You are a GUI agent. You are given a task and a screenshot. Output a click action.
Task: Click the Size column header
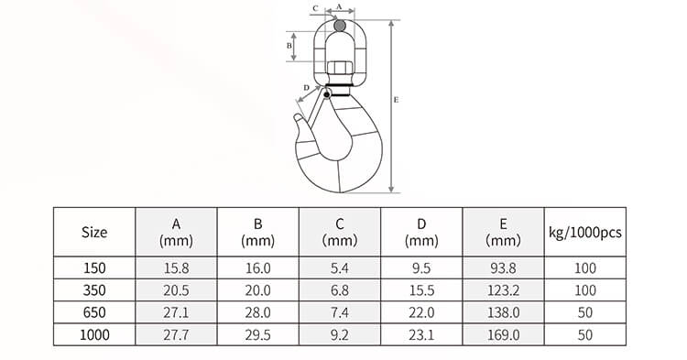[x=94, y=233]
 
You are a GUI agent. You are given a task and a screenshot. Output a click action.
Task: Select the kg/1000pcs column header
[x=583, y=233]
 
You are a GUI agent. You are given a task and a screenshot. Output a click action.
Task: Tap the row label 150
[x=94, y=268]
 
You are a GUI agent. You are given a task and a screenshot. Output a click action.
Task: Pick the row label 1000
[x=94, y=335]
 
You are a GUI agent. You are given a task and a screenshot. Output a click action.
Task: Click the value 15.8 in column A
[x=176, y=268]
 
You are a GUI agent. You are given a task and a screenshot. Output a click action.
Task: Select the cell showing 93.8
[x=503, y=268]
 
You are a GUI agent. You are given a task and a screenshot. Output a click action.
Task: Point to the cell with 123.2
[x=503, y=290]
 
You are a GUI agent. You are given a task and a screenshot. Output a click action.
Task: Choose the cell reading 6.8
[x=339, y=290]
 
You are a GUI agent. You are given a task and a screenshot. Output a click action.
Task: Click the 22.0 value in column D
[x=421, y=313]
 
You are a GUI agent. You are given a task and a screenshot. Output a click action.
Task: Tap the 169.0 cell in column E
[x=503, y=335]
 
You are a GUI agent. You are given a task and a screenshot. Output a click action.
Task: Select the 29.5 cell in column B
[x=257, y=335]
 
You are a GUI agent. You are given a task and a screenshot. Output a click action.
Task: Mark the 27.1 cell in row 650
[x=176, y=313]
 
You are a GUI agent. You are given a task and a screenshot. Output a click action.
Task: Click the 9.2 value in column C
[x=339, y=335]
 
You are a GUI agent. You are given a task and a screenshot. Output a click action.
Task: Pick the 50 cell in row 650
[x=583, y=313]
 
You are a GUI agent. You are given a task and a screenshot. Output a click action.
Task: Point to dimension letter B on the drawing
[x=289, y=44]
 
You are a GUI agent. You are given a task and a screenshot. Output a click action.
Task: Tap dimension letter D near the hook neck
[x=305, y=88]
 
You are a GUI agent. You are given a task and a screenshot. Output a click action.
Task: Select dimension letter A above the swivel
[x=340, y=6]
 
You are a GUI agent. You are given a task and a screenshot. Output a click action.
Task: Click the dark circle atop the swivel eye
[x=340, y=27]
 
